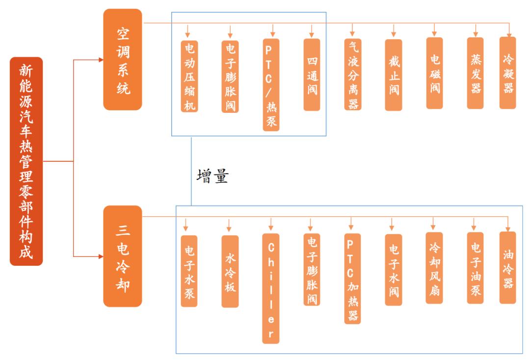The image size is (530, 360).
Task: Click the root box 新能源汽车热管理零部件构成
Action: point(26,161)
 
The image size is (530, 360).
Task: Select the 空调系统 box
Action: point(123,59)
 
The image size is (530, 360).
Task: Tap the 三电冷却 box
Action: point(123,256)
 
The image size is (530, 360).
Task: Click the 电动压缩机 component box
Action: point(189,76)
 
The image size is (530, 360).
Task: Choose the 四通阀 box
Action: point(312,74)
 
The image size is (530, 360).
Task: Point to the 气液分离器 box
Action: point(353,74)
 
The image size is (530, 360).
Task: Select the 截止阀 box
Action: point(394,75)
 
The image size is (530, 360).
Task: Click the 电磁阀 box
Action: point(434,73)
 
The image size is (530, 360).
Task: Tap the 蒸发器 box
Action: point(475,73)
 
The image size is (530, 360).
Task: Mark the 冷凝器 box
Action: point(508,73)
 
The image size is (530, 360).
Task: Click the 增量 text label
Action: point(212,176)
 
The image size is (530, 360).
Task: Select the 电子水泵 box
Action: point(189,271)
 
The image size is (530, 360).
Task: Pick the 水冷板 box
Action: point(230,271)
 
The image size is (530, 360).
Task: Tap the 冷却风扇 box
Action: point(434,268)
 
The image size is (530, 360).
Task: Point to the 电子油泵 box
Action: point(475,268)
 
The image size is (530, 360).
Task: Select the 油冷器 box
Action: point(508,268)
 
